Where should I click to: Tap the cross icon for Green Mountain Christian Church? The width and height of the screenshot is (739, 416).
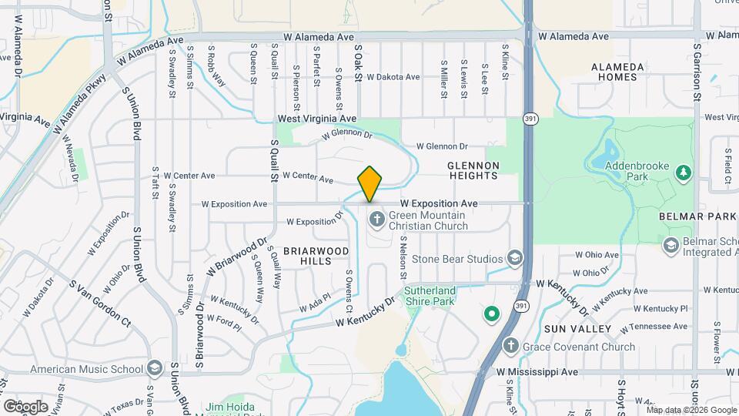[x=376, y=219]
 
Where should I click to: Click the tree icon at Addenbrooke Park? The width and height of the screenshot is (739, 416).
[x=682, y=172]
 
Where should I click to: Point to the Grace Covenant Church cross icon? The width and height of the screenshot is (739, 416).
[x=510, y=347]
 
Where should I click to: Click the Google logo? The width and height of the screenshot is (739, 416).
[x=25, y=406]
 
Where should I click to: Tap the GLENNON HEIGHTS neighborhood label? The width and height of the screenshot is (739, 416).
[x=474, y=170]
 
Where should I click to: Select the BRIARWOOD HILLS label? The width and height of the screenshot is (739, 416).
[x=316, y=256]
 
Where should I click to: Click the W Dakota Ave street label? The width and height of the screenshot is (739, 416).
[x=393, y=77]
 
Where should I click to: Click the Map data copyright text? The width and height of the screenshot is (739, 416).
[x=691, y=409]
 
